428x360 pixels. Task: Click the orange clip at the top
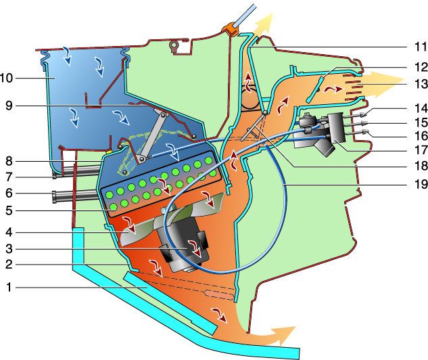pyautogui.click(x=232, y=29)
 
